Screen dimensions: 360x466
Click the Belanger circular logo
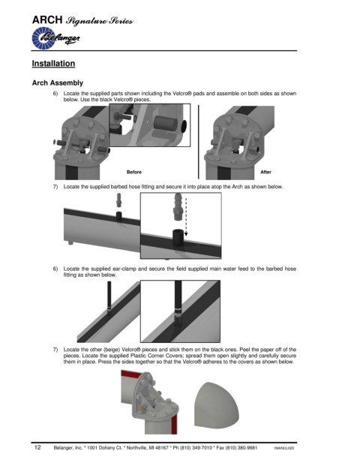click(43, 38)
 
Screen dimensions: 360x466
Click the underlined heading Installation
click(53, 64)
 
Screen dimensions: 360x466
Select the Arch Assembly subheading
click(58, 83)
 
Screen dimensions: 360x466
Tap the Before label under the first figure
click(134, 172)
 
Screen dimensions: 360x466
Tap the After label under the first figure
click(265, 172)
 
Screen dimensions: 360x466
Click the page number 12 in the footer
click(37, 447)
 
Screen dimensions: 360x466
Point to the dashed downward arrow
click(186, 215)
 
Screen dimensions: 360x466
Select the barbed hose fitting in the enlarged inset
click(178, 206)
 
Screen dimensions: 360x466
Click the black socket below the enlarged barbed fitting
click(178, 237)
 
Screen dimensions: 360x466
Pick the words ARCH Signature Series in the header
click(82, 20)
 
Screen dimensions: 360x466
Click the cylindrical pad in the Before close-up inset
click(166, 123)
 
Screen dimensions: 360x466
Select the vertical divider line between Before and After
click(199, 142)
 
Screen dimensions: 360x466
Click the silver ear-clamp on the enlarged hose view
click(178, 310)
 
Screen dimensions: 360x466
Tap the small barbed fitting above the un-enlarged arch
click(118, 200)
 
